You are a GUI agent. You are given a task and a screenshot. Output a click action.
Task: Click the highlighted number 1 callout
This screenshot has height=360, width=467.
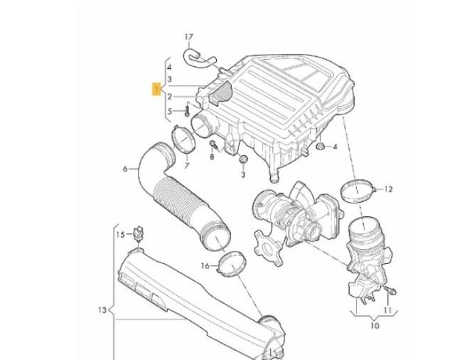pyautogui.click(x=156, y=89)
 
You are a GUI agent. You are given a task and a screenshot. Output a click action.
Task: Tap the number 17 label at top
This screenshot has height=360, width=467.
pyautogui.click(x=188, y=36)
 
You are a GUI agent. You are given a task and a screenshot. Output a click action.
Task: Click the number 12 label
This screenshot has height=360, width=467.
pyautogui.click(x=388, y=189)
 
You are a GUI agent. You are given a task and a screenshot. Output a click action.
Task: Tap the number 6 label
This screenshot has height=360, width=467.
pyautogui.click(x=125, y=169)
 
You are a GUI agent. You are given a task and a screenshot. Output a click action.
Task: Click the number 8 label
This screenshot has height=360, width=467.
pyautogui.click(x=212, y=156)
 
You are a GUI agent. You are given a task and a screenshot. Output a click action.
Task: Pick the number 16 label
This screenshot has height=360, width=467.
pyautogui.click(x=205, y=266)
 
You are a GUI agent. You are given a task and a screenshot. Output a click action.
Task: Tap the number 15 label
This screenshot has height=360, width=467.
pyautogui.click(x=120, y=234)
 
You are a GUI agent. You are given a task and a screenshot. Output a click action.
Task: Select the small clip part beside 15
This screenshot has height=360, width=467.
pyautogui.click(x=139, y=233)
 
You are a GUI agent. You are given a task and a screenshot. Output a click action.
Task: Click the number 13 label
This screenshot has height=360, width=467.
pyautogui.click(x=102, y=309)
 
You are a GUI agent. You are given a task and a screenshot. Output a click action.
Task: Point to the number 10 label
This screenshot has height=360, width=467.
pyautogui.click(x=374, y=326)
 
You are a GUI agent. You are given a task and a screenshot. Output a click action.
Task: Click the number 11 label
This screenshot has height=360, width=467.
pyautogui.click(x=387, y=310)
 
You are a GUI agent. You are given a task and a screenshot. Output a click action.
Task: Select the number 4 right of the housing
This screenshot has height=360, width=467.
pyautogui.click(x=335, y=147)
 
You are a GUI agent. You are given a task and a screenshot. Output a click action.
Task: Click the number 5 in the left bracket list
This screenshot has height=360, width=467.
pyautogui.click(x=169, y=111)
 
